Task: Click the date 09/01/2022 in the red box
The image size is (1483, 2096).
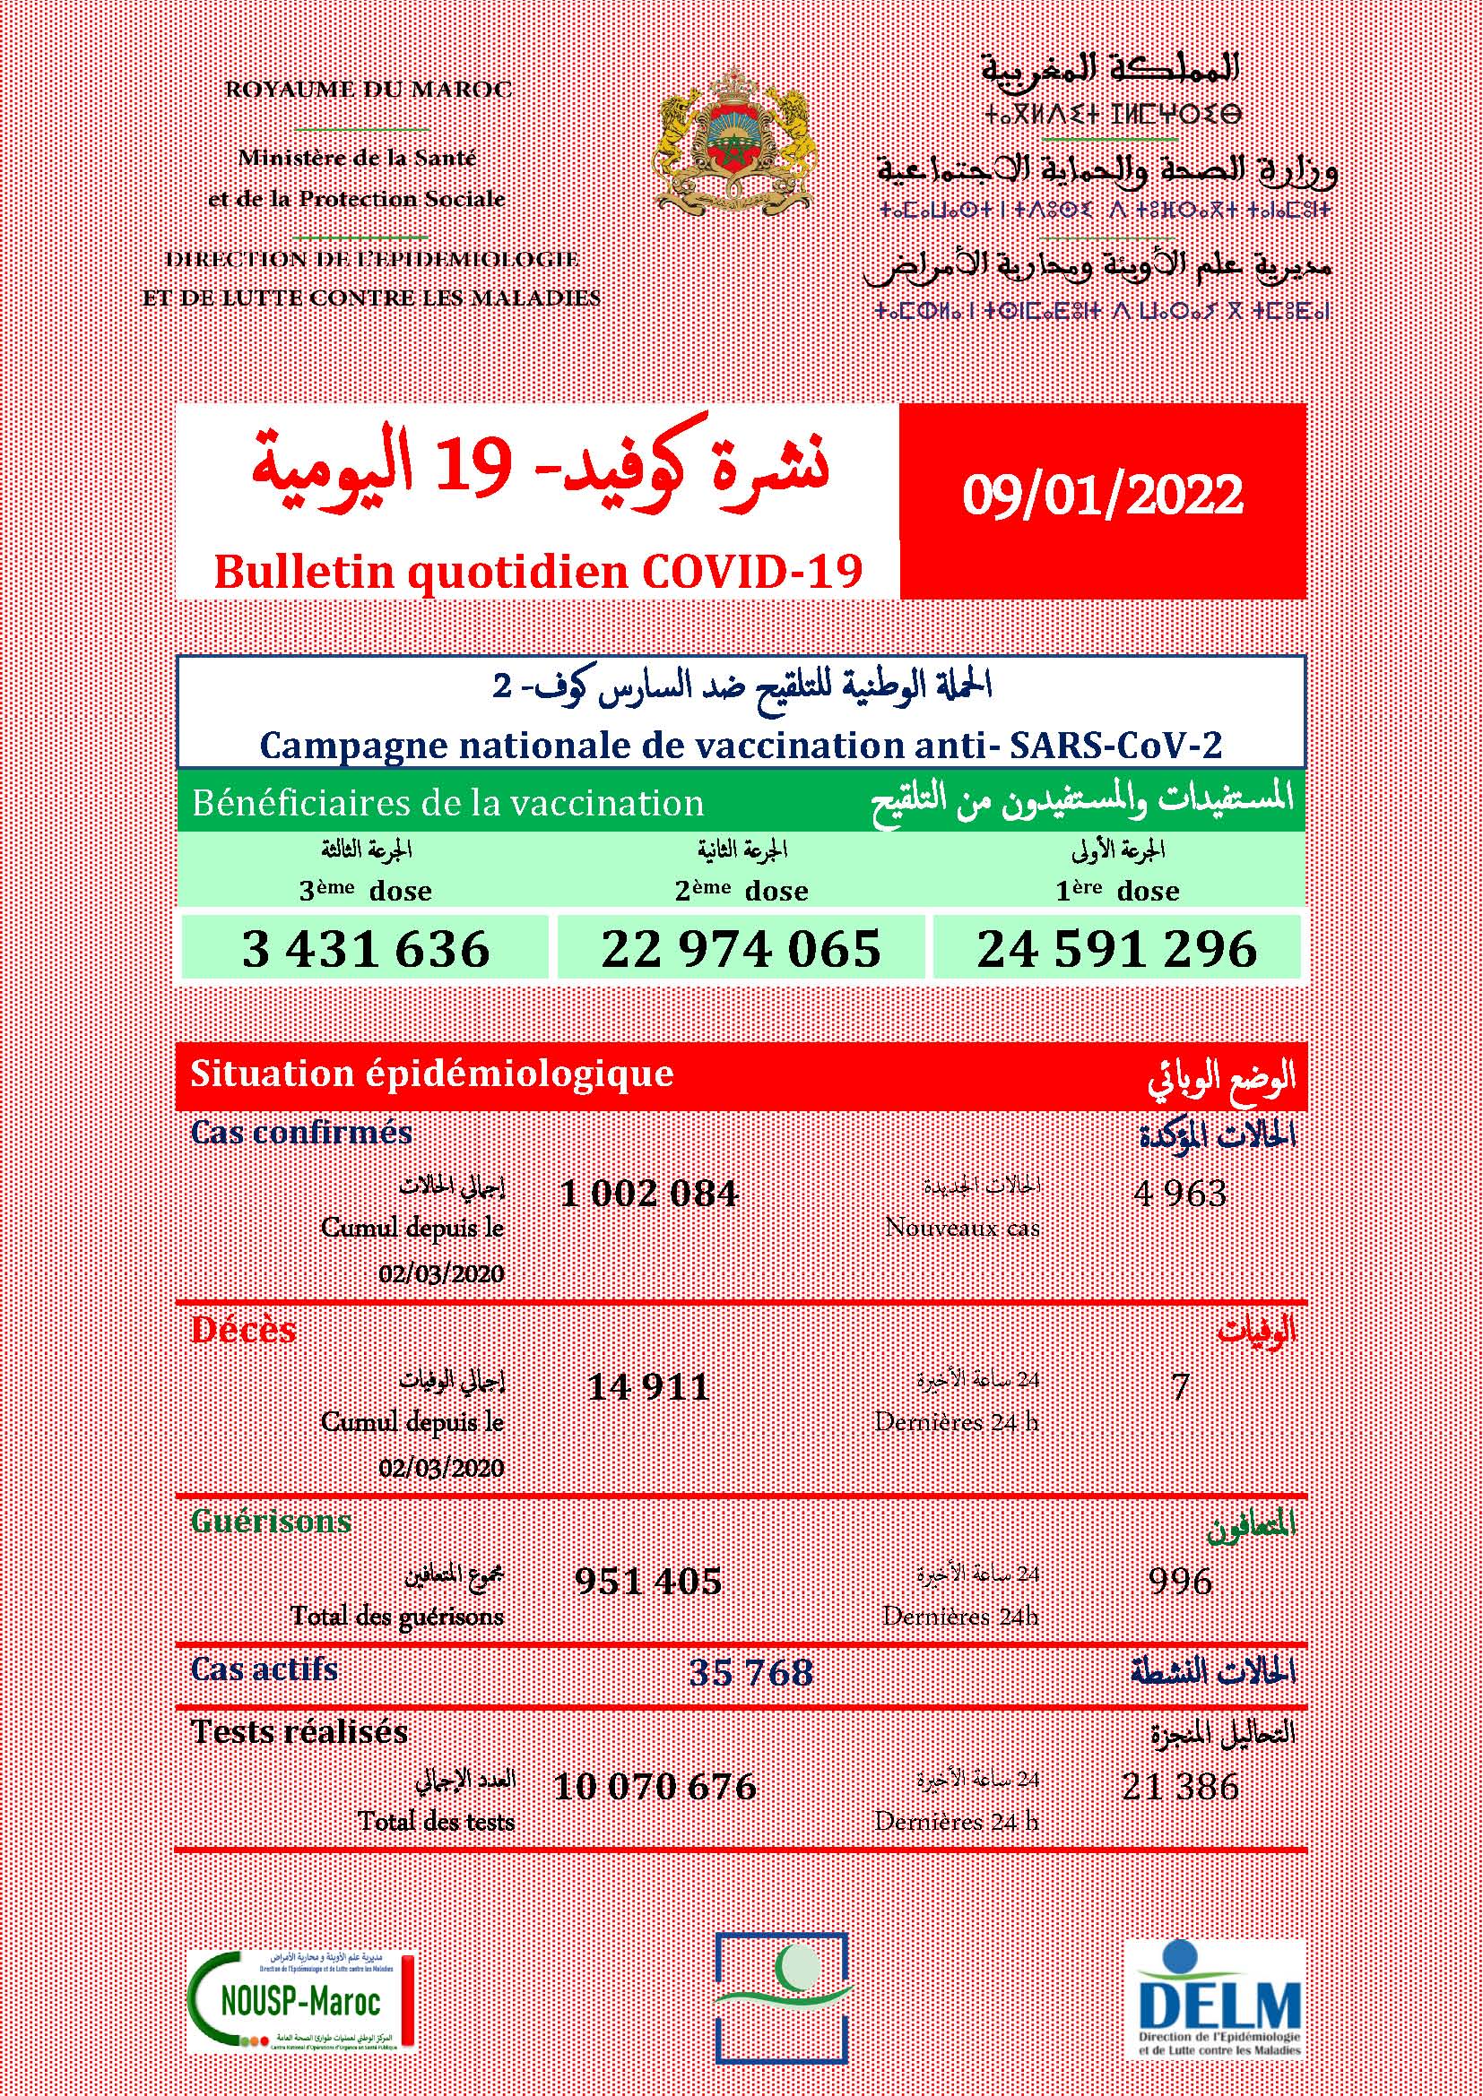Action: tap(1102, 495)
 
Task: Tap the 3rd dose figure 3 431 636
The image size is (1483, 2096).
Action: tap(365, 948)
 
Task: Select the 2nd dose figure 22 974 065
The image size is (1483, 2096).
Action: tap(741, 948)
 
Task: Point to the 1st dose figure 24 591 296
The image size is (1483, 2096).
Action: tap(1117, 948)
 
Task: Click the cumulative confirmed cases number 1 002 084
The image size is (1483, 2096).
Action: tap(648, 1193)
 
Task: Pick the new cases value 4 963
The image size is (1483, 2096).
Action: tap(1180, 1193)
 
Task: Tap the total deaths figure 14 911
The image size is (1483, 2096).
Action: tap(648, 1387)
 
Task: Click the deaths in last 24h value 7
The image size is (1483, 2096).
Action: tap(1181, 1387)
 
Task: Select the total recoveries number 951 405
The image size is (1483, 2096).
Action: tap(648, 1581)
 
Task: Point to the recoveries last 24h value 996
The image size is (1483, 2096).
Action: tap(1181, 1581)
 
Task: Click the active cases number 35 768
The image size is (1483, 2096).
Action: tap(750, 1671)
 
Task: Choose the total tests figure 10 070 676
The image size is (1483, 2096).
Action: tap(655, 1787)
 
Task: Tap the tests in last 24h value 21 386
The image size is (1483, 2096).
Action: tap(1181, 1787)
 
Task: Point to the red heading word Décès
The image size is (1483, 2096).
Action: tap(243, 1329)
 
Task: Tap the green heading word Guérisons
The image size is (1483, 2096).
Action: tap(271, 1522)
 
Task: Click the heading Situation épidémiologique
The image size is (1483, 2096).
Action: tap(431, 1074)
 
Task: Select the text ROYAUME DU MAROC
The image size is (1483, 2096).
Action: tap(368, 90)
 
